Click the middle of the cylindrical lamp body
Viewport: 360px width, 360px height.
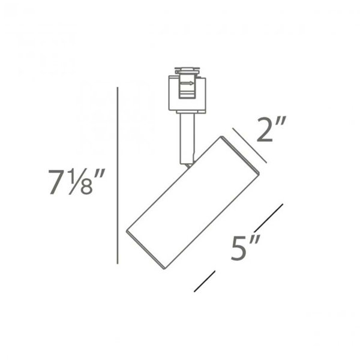(192, 204)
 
